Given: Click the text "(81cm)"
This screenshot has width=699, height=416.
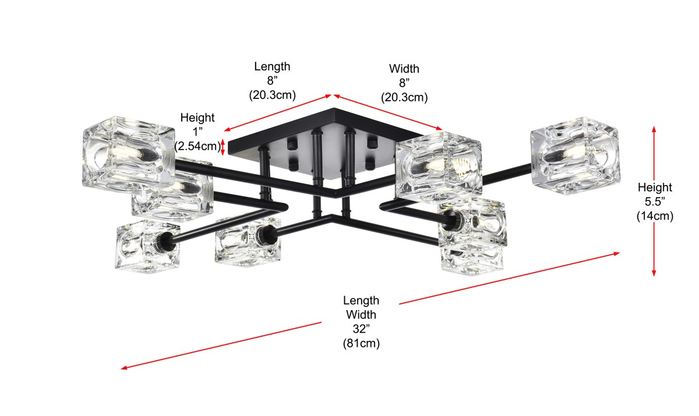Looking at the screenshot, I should [361, 343].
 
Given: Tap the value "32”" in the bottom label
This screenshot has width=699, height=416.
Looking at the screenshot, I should [361, 329].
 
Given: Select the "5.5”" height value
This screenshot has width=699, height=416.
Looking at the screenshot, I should [655, 202].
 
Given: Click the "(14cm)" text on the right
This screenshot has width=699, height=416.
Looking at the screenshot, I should [655, 216].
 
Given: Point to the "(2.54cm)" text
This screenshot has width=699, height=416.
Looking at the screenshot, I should [197, 146].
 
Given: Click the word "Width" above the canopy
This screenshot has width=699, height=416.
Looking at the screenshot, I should [404, 69].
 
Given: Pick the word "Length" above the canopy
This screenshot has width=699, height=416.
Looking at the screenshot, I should [272, 66].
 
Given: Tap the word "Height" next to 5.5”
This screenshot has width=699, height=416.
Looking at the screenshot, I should [655, 187].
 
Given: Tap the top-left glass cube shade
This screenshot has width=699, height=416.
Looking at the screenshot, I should [128, 152].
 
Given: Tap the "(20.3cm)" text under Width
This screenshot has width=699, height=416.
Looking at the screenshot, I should [404, 97].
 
